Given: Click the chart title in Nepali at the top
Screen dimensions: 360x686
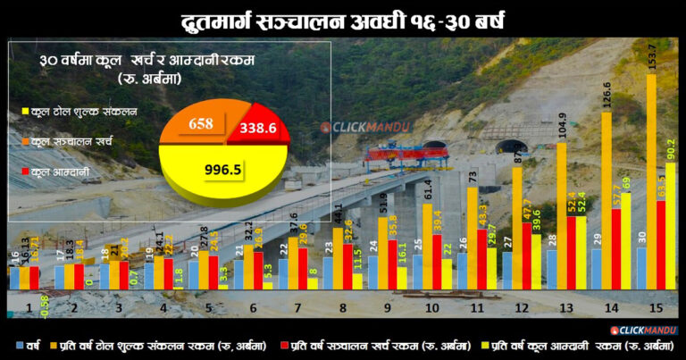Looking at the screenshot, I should point(342,20).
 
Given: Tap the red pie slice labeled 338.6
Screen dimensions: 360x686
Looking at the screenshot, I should point(260,129).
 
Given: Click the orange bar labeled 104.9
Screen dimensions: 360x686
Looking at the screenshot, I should point(562,214).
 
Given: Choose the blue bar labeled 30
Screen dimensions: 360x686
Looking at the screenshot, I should point(641,268).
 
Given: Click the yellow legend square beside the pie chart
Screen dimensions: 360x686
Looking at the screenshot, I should point(23,112).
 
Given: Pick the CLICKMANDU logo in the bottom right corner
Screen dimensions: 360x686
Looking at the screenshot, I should point(644,331).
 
